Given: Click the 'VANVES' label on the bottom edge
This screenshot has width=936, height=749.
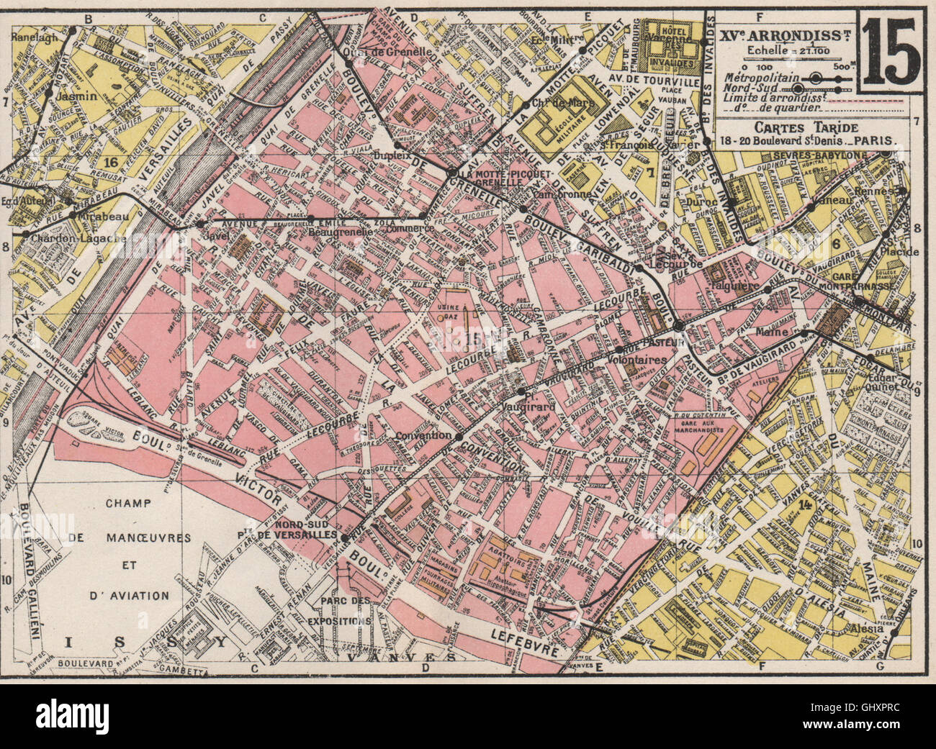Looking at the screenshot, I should tap(400, 657).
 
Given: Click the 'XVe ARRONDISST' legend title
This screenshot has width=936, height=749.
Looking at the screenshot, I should tap(787, 34).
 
